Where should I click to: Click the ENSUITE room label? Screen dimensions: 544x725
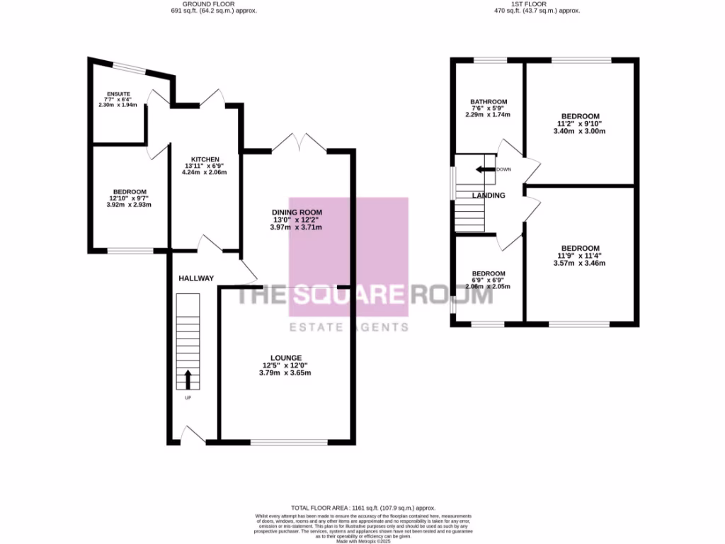pyautogui.click(x=114, y=93)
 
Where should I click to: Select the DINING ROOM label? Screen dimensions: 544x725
pyautogui.click(x=297, y=212)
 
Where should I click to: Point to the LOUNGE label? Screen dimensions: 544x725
pyautogui.click(x=286, y=358)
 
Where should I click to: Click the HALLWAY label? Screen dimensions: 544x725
pyautogui.click(x=196, y=278)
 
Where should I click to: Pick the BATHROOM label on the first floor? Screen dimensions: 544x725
pyautogui.click(x=488, y=102)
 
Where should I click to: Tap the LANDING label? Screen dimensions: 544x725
pyautogui.click(x=489, y=195)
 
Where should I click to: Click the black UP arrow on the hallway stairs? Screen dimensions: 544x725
pyautogui.click(x=188, y=379)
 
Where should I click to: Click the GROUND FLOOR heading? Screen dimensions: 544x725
pyautogui.click(x=213, y=4)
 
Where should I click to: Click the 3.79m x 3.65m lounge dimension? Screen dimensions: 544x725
pyautogui.click(x=285, y=373)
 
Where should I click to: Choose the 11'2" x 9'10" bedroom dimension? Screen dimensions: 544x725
pyautogui.click(x=580, y=123)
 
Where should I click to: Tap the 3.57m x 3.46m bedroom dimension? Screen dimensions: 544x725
pyautogui.click(x=580, y=263)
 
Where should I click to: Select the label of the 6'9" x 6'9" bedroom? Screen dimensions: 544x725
pyautogui.click(x=489, y=274)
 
